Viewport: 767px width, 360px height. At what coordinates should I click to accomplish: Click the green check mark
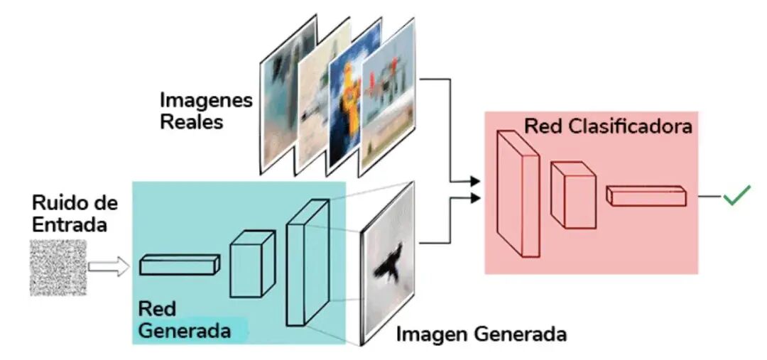pos(736,196)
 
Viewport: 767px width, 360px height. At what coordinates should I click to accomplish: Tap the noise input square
pos(58,267)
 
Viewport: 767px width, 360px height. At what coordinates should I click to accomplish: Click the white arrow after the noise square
pos(109,267)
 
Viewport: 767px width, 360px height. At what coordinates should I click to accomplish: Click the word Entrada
pos(70,224)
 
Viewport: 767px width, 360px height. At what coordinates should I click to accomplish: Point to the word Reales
pos(191,122)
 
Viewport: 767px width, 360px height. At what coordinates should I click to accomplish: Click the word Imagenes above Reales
pos(206,101)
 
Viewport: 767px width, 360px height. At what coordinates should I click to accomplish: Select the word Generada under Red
pos(185,331)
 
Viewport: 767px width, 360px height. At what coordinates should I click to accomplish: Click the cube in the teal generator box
pos(252,263)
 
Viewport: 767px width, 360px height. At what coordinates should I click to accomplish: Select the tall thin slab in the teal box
pos(308,262)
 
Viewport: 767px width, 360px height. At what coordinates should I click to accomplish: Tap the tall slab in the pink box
pos(518,193)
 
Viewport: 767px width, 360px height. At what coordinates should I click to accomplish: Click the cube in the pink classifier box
pos(573,195)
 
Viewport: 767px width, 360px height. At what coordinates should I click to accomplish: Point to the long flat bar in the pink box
pos(646,196)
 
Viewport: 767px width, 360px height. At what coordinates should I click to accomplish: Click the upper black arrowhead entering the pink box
pos(474,182)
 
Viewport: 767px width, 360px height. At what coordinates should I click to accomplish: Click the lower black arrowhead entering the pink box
pos(474,198)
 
